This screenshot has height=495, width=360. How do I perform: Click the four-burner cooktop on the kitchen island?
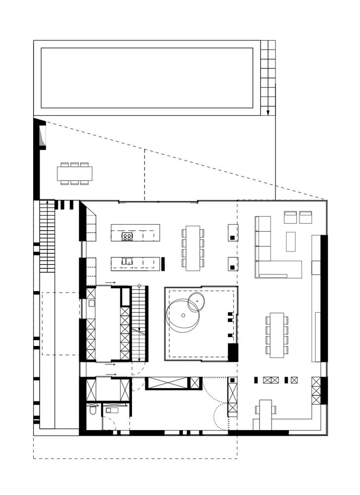pos(127,237)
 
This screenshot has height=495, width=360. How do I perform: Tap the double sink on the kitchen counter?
pos(128,261)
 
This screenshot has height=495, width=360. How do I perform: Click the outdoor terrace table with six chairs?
pos(75,173)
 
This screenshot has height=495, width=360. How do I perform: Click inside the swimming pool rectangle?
pos(147,78)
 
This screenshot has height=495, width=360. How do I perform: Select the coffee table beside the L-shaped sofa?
pos(290,242)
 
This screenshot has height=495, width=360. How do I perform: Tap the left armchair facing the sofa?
pos(290,217)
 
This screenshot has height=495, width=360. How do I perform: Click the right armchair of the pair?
pos(306,217)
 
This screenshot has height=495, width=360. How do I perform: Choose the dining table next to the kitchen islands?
pos(193,247)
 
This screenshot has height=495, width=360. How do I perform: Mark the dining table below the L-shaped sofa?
pos(277,335)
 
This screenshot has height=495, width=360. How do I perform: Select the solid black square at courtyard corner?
pos(233,352)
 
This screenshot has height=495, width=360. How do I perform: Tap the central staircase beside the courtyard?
pos(139,324)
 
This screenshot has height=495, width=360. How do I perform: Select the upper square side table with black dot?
pos(233,232)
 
